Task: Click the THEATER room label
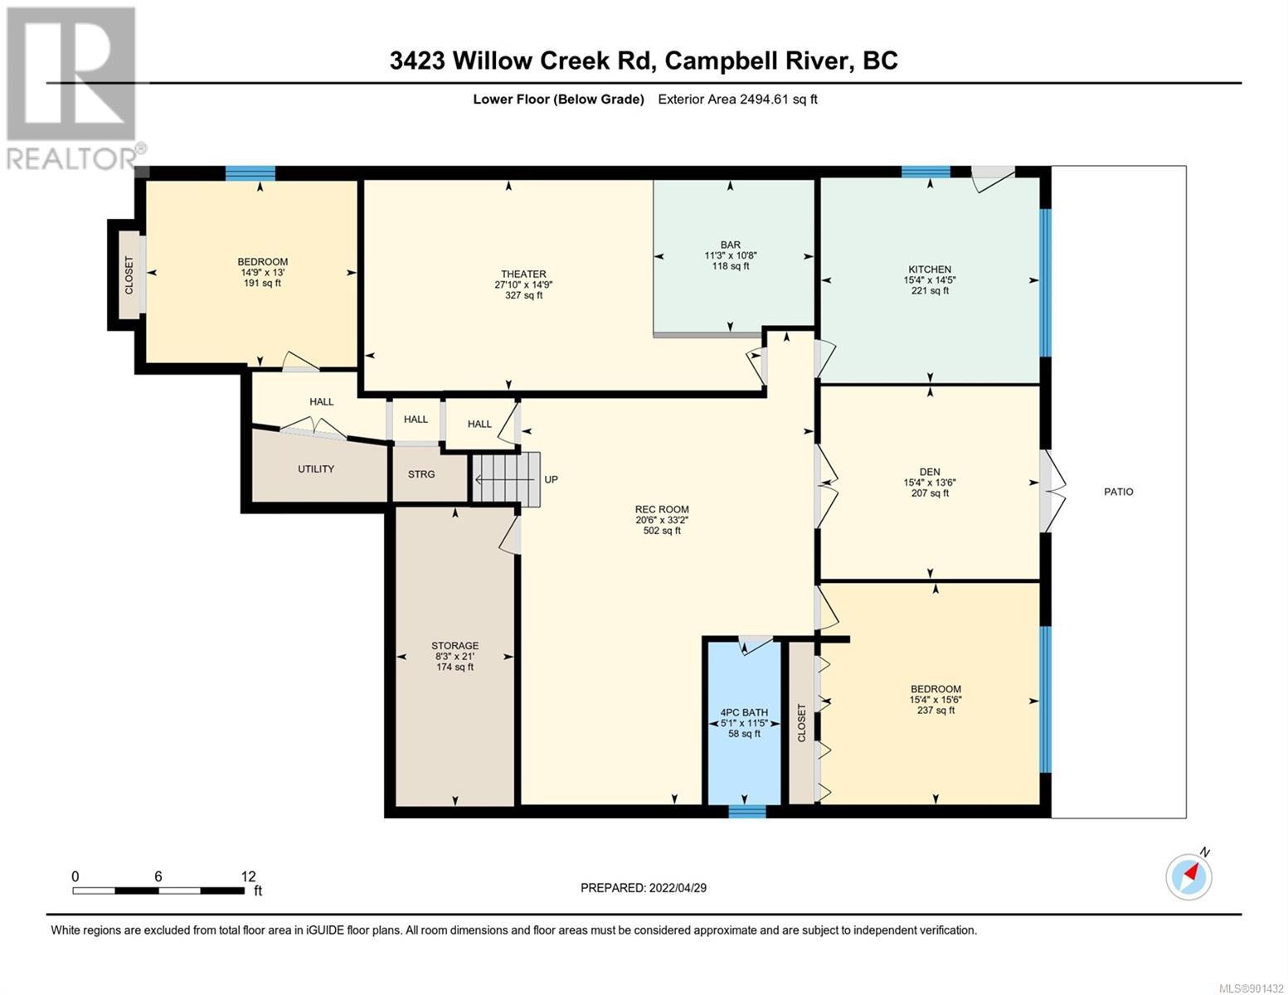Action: coord(523,274)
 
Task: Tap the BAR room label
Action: coord(730,245)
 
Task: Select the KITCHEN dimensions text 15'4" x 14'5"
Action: coord(930,279)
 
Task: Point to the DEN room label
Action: coord(930,472)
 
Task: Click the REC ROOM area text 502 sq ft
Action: coord(662,531)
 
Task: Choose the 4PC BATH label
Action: coord(744,712)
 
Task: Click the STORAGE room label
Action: coord(454,645)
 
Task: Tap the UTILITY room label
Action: coord(316,468)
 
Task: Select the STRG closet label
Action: coord(420,474)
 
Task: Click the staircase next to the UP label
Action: coord(506,479)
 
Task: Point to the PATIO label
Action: coord(1119,491)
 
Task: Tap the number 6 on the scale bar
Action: coord(158,876)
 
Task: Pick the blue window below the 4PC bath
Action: coord(746,811)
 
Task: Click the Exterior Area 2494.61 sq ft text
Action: coord(737,99)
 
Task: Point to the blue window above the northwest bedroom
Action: coord(250,173)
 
